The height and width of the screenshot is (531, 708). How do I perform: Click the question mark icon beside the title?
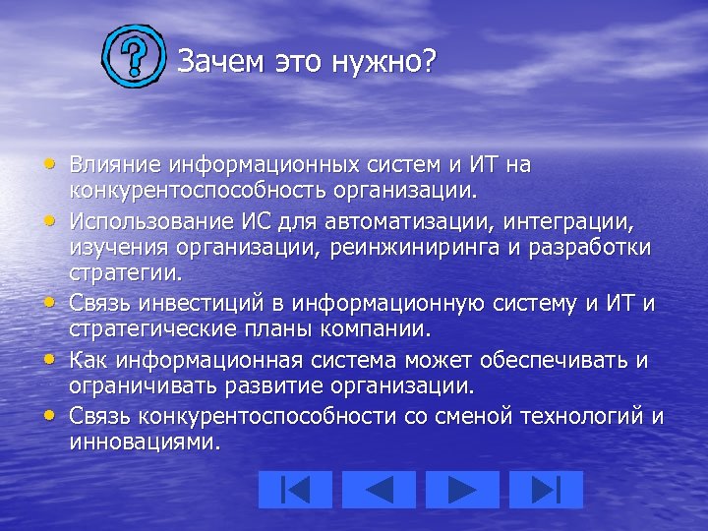click(x=134, y=60)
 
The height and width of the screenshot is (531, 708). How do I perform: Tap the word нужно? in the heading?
click(x=384, y=62)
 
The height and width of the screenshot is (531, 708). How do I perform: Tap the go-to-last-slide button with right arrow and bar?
click(x=547, y=489)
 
